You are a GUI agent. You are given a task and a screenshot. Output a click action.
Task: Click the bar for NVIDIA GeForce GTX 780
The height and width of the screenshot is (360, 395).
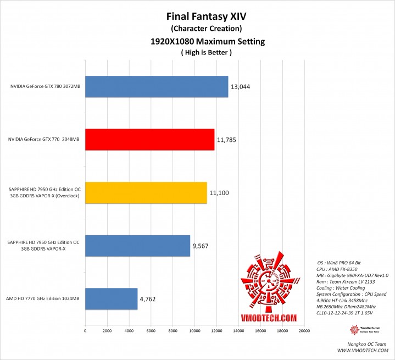click(157, 86)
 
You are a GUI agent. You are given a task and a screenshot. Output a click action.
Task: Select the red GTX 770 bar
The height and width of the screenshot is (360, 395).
click(149, 140)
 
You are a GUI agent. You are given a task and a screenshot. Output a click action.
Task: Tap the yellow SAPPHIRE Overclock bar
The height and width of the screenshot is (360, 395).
click(146, 192)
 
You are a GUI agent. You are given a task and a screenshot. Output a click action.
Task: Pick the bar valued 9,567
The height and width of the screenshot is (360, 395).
click(137, 246)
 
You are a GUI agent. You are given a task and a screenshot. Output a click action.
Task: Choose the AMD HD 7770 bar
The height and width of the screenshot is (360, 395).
click(111, 298)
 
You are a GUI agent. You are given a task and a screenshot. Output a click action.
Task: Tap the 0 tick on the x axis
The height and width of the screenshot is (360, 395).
click(85, 331)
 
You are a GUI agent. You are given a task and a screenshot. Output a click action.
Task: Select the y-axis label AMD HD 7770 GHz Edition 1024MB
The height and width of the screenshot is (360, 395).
click(42, 299)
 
